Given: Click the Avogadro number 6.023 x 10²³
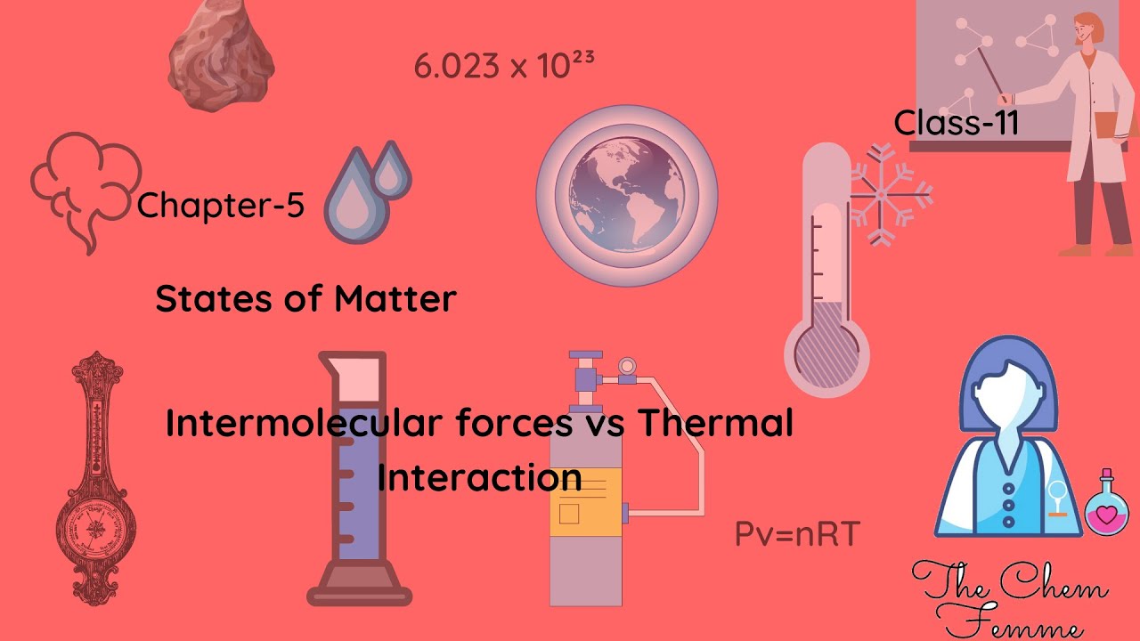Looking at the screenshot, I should tap(504, 65).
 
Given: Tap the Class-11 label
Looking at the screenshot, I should tap(956, 123).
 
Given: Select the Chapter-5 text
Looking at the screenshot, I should tap(221, 206).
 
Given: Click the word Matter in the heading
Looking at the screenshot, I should tap(395, 299).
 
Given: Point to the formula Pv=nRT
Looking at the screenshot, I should tap(796, 534).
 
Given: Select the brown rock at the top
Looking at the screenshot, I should tap(222, 55).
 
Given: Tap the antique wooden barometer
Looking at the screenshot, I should tap(95, 481).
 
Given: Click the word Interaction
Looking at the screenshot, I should tap(480, 478).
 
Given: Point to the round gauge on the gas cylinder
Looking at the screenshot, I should tap(627, 366).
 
